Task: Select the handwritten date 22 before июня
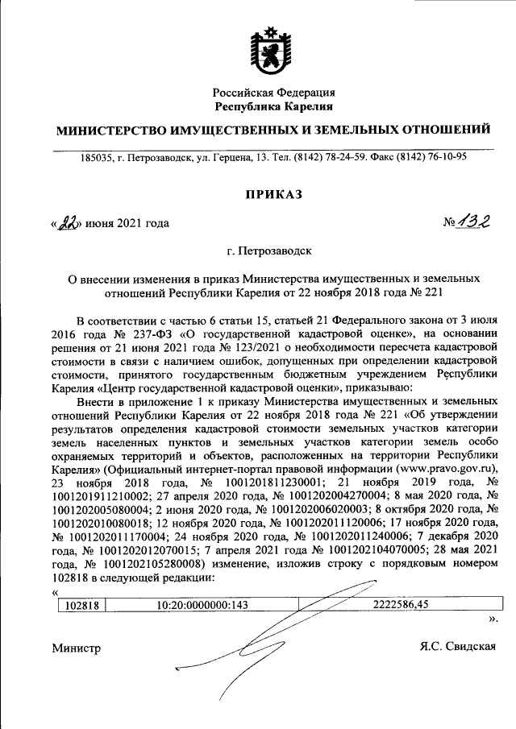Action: [64, 223]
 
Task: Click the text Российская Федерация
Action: [273, 93]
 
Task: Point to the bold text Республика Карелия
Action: [273, 106]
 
